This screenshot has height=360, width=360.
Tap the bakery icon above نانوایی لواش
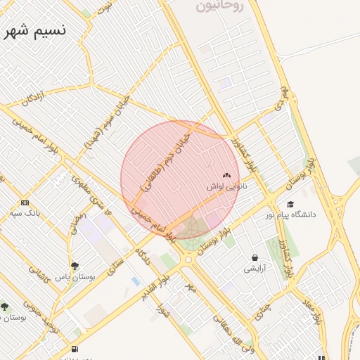pos(226,176)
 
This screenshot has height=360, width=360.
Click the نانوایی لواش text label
pos(224,187)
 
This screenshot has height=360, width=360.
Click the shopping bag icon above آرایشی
pos(254,257)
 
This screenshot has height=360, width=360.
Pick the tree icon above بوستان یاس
pos(75,266)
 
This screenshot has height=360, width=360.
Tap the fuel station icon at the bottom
pos(75,349)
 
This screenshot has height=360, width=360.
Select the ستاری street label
pos(115,267)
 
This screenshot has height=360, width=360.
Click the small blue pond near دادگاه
pos(135,281)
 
